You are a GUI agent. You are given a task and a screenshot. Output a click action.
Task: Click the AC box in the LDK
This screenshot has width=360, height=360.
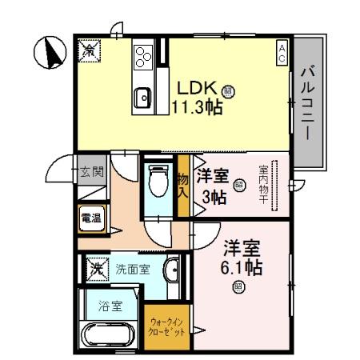click(282, 53)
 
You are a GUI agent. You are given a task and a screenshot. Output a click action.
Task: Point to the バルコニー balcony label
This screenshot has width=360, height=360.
click(308, 104)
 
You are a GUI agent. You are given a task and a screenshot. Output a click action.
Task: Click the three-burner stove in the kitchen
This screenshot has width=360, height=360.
click(143, 56)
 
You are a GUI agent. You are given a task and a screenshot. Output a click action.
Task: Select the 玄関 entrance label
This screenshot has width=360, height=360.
click(92, 170)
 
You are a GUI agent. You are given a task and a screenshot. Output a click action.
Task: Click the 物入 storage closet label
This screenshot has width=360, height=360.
click(182, 186)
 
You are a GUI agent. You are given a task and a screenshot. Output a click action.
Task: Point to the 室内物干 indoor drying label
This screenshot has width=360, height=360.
click(262, 185)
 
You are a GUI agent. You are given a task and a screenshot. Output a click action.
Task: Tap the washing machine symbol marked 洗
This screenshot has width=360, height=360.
click(95, 268)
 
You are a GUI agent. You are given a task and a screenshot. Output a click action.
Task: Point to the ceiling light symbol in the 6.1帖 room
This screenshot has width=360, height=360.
click(238, 287)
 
